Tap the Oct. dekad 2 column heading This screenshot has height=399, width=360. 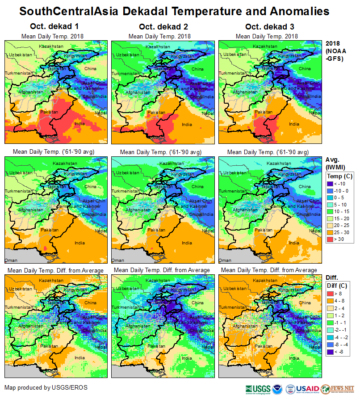(159, 27)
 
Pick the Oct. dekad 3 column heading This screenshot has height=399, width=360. (267, 27)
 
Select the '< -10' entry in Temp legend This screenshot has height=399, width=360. (331, 184)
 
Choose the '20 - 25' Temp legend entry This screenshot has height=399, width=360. (331, 226)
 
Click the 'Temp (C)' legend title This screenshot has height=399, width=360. (340, 176)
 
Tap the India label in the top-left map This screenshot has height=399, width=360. (80, 124)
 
